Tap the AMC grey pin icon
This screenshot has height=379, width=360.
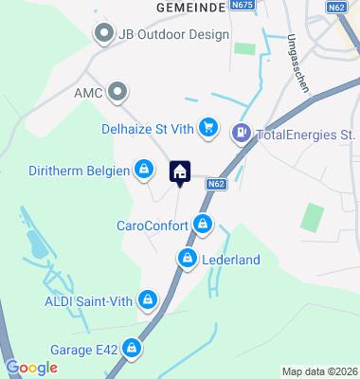117,92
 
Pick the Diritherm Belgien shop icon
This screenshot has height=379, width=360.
143,170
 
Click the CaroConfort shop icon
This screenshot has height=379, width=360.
201,226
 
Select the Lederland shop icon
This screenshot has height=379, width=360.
187,258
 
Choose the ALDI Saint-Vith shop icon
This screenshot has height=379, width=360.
146,301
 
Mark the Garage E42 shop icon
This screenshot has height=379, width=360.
135,349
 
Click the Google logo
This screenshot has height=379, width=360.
31,367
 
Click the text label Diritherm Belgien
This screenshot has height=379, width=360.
84,170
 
